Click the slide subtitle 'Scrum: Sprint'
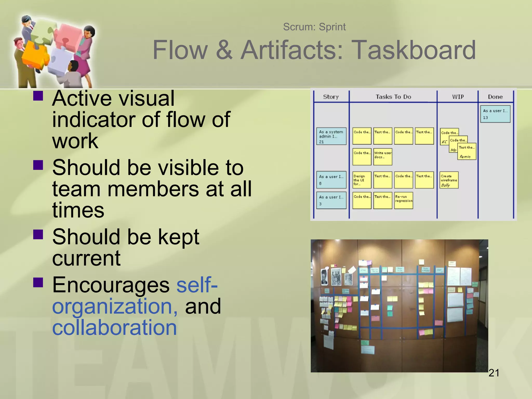click(314, 27)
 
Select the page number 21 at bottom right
click(494, 373)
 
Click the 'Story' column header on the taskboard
click(331, 97)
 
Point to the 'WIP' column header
click(458, 97)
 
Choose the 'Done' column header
click(495, 97)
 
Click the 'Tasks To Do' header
click(393, 97)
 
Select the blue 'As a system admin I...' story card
click(331, 136)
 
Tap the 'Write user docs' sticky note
click(383, 157)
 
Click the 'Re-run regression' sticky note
click(403, 200)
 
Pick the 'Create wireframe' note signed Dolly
click(449, 180)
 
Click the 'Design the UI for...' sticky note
click(362, 180)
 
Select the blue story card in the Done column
click(495, 114)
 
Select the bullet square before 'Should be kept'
click(38, 234)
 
